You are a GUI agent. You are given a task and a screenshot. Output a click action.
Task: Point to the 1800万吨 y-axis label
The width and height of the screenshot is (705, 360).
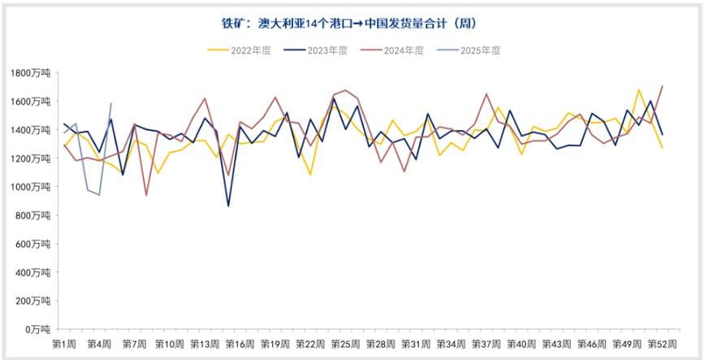(x=32, y=73)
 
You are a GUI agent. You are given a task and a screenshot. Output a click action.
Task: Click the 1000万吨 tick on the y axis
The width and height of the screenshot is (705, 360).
(x=32, y=187)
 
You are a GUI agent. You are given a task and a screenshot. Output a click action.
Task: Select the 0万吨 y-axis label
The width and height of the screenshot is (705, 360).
(x=37, y=329)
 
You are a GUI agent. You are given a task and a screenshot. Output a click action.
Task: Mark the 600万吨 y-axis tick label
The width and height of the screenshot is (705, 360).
(x=34, y=244)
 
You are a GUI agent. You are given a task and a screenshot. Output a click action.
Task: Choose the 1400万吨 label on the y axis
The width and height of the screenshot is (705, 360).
(x=32, y=130)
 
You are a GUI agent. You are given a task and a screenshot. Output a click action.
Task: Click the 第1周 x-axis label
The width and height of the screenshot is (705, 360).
(x=65, y=344)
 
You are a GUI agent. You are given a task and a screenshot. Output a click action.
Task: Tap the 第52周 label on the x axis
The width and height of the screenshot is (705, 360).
(x=662, y=344)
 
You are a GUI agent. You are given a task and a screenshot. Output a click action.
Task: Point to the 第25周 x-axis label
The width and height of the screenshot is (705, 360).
(x=345, y=344)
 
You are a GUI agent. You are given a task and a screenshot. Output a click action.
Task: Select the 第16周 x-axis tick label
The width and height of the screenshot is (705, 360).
(x=240, y=344)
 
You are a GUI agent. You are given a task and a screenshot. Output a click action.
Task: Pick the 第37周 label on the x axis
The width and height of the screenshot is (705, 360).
(x=486, y=344)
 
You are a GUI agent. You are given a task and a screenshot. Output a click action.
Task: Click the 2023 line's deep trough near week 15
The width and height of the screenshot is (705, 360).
(x=228, y=206)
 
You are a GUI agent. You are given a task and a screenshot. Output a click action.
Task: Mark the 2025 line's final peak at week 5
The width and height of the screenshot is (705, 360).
(x=111, y=103)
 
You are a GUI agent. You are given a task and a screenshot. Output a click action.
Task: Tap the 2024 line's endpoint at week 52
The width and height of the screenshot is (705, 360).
(x=663, y=86)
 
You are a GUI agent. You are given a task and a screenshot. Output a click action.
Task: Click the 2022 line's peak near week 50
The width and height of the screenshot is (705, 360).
(x=639, y=89)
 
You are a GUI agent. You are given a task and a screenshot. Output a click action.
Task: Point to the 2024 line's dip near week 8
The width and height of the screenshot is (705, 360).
(x=146, y=195)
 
